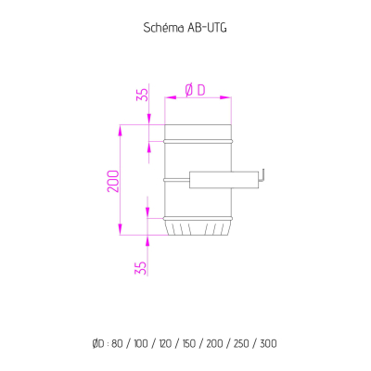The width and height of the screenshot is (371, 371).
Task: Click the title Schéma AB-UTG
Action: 185,28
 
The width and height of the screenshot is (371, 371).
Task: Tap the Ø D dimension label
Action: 196,91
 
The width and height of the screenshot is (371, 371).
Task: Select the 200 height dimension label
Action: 113,181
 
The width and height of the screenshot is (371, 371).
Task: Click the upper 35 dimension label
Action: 143,95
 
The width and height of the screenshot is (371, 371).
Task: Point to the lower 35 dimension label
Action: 140,268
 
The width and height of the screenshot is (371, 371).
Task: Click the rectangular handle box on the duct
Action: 224,180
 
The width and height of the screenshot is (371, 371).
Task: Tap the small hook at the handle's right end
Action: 262,174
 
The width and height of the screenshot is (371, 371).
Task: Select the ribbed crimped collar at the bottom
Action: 198,227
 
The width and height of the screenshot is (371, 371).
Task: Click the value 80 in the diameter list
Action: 117,343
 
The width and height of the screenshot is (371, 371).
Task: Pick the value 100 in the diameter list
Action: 141,343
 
